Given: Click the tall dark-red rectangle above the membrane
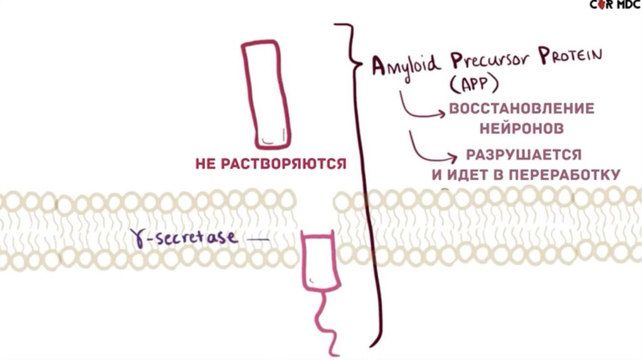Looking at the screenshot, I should [266, 93].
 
